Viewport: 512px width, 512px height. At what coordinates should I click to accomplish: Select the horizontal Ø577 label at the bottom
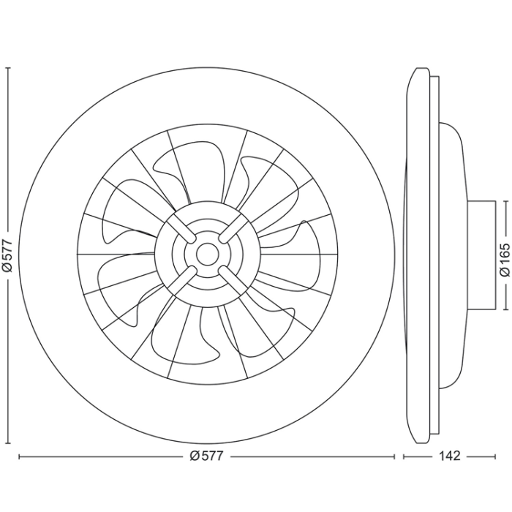(x=206, y=456)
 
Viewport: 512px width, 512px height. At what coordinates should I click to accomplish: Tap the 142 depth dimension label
(x=449, y=456)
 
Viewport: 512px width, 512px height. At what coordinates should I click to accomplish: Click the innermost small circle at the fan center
(x=206, y=254)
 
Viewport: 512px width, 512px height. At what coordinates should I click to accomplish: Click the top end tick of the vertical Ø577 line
(x=8, y=67)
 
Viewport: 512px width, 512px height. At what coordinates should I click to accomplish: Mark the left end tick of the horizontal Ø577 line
(x=19, y=456)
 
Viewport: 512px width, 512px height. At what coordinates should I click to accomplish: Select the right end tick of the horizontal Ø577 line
(x=393, y=456)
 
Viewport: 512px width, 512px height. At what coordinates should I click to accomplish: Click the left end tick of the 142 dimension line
(x=404, y=456)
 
